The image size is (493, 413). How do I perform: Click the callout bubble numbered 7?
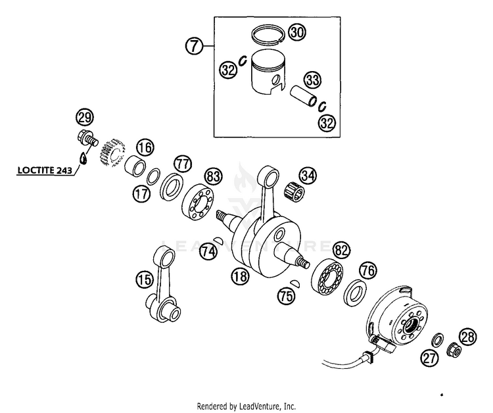(193, 46)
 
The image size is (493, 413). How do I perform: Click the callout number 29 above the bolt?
(84, 118)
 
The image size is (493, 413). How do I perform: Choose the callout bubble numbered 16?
(145, 148)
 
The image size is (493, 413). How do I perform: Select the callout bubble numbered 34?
(307, 176)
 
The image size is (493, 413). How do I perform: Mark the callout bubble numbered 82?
(340, 250)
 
